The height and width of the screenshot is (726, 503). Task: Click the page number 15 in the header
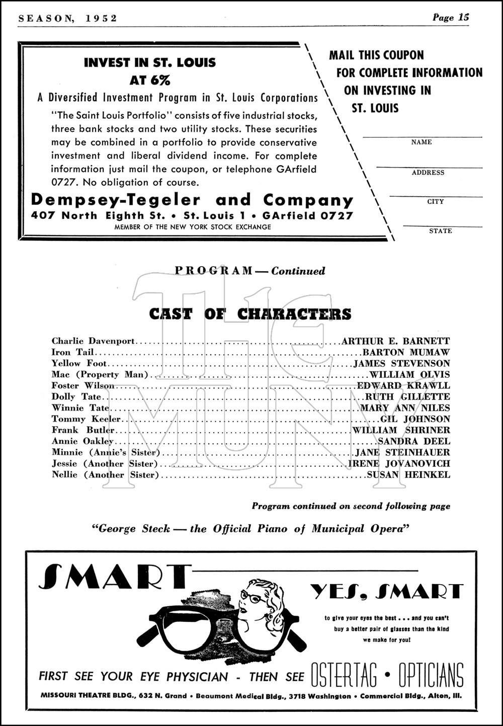pyautogui.click(x=463, y=17)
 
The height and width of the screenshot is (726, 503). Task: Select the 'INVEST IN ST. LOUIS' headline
pyautogui.click(x=149, y=63)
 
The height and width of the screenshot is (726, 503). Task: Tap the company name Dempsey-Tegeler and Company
pyautogui.click(x=192, y=200)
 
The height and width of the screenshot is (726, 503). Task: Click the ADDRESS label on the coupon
pyautogui.click(x=428, y=173)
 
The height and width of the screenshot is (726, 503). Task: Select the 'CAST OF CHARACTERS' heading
pyautogui.click(x=250, y=314)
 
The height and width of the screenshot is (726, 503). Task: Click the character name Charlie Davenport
pyautogui.click(x=93, y=341)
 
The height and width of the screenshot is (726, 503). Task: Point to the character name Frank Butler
pyautogui.click(x=83, y=430)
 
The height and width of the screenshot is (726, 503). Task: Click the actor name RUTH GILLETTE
pyautogui.click(x=408, y=397)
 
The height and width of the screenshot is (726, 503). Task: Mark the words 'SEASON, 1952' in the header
pyautogui.click(x=67, y=18)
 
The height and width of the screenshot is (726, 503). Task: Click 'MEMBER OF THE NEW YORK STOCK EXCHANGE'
pyautogui.click(x=193, y=227)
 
